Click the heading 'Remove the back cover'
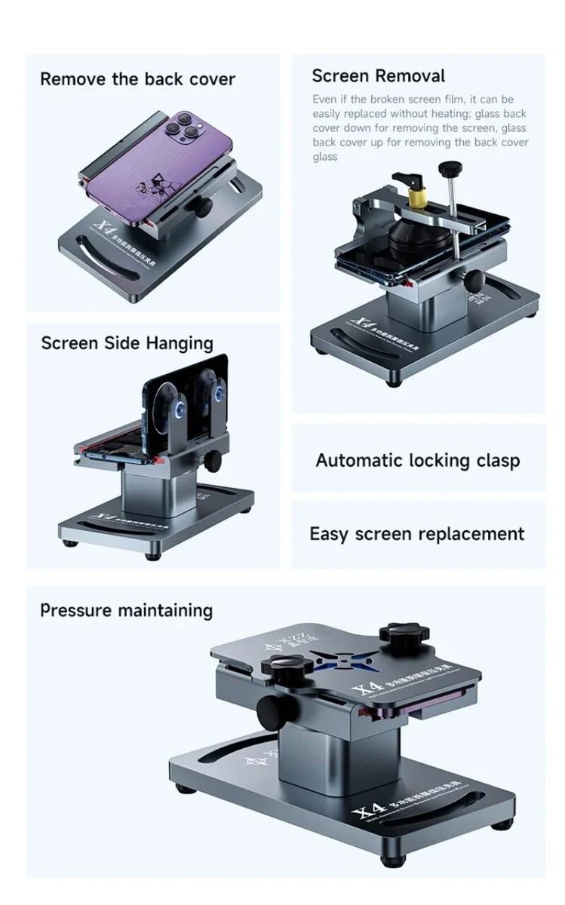tap(137, 79)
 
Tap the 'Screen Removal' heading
tap(378, 76)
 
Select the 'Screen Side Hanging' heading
tap(127, 344)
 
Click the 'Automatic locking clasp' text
tap(417, 460)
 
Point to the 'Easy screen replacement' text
tap(416, 534)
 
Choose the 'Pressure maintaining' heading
tap(126, 610)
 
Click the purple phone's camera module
tap(182, 127)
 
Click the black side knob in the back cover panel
tap(203, 207)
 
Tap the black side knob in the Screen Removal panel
tap(475, 281)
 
